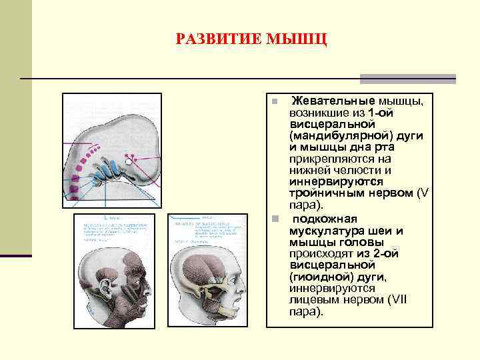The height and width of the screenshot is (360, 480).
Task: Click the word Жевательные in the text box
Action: click(332, 101)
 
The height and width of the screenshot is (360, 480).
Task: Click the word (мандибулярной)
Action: click(331, 135)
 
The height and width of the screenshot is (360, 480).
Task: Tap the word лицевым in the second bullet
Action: click(313, 299)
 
